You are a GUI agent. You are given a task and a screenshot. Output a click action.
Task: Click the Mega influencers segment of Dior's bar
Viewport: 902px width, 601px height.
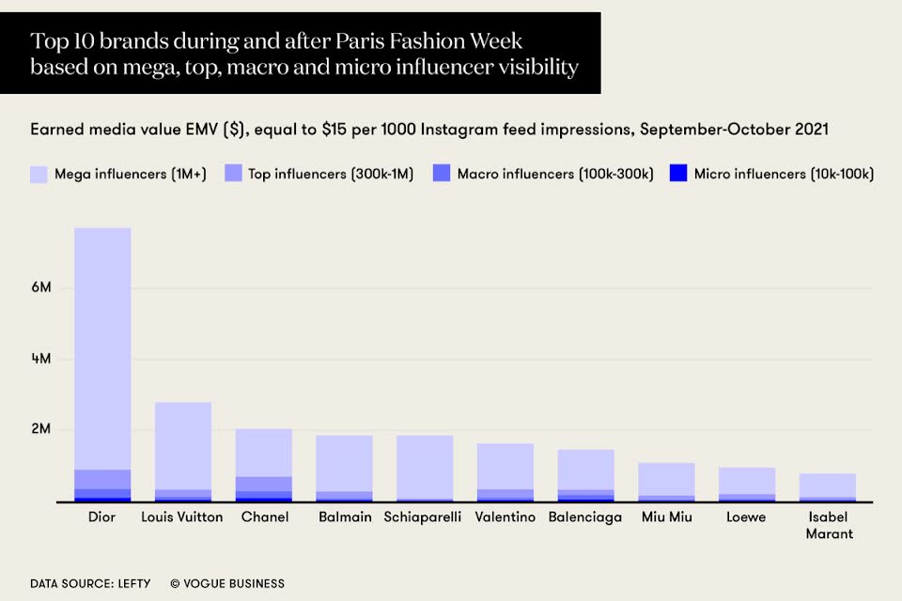[102, 347]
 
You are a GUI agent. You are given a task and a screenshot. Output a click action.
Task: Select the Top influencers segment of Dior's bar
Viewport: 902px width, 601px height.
[102, 479]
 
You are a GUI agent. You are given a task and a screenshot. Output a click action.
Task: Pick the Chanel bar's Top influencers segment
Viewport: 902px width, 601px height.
[263, 484]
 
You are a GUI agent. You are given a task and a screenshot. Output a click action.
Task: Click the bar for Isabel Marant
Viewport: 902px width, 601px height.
[828, 485]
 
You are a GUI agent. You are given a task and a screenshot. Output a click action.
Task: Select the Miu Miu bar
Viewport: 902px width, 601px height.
[666, 479]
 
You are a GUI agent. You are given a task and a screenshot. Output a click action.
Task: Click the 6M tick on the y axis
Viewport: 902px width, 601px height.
[40, 287]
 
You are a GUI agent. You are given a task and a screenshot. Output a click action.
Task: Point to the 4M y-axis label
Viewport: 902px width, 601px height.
[40, 359]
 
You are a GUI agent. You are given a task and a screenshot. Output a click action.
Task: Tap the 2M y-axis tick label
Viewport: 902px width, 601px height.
[40, 430]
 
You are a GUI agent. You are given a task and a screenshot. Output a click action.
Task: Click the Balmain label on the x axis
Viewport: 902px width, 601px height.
[344, 517]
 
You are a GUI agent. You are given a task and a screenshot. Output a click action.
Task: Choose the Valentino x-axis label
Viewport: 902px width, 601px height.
[505, 517]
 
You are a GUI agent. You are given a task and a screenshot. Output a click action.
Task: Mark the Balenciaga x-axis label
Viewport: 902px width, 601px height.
[585, 517]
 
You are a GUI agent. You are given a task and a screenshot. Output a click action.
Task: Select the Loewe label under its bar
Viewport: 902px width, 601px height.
[746, 517]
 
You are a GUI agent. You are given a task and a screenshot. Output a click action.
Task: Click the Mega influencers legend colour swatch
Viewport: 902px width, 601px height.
[39, 174]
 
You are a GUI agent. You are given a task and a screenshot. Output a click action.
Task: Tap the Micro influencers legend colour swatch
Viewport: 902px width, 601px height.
[678, 174]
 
